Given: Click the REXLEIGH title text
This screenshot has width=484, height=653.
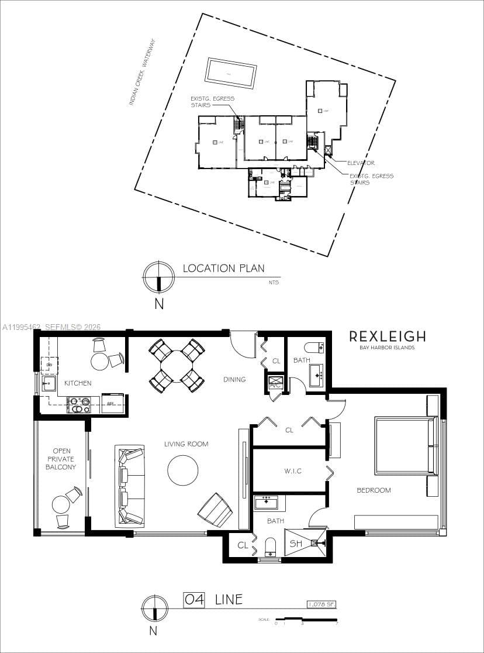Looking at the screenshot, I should [x=387, y=336].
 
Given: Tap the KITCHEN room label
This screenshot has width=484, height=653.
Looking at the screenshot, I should [x=78, y=383].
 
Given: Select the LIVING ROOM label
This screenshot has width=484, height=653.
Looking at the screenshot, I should [x=186, y=444].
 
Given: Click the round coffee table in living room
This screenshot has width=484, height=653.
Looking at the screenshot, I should [x=183, y=470].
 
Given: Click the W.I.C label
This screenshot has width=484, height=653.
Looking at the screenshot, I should [x=293, y=471].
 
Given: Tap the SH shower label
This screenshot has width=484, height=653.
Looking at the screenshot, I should [x=296, y=544].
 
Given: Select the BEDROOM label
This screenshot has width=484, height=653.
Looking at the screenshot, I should [x=374, y=490].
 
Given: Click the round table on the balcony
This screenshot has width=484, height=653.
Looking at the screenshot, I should [x=61, y=504].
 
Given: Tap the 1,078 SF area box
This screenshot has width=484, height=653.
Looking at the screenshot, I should [x=321, y=604].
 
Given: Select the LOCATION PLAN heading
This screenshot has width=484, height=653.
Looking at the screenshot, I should [x=223, y=269].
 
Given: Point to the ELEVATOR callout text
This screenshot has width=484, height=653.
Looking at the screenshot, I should [x=361, y=163].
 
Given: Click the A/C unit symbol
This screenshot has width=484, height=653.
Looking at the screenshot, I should [x=275, y=384].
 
